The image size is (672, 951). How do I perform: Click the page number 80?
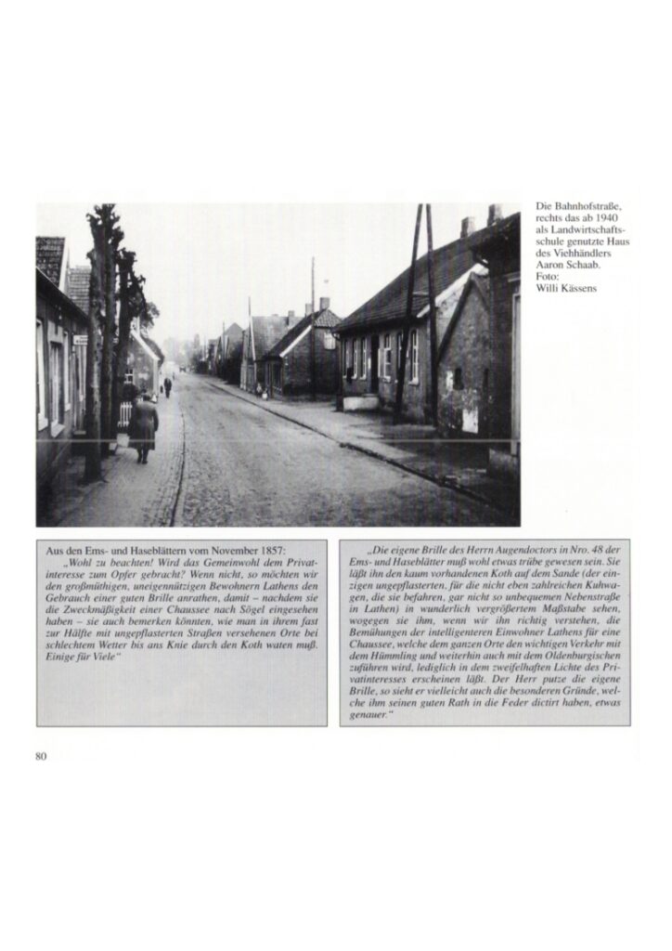pos(41,756)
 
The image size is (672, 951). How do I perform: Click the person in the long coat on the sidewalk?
pos(143,425)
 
